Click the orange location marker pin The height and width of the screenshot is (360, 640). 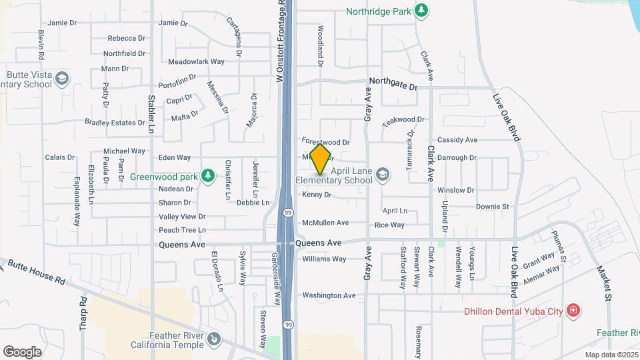pyautogui.click(x=320, y=159)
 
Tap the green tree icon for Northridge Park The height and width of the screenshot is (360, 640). pyautogui.click(x=421, y=10)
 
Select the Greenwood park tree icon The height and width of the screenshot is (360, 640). pyautogui.click(x=208, y=175)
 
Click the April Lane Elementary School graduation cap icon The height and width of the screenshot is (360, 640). pyautogui.click(x=383, y=175)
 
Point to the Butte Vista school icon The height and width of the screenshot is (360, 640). pyautogui.click(x=62, y=79)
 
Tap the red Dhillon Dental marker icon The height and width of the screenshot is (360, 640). pyautogui.click(x=572, y=311)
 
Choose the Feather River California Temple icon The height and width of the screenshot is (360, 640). pyautogui.click(x=213, y=339)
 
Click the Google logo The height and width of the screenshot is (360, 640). pyautogui.click(x=22, y=351)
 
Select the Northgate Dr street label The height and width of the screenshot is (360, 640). pyautogui.click(x=393, y=87)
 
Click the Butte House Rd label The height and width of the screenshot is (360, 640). pyautogui.click(x=36, y=271)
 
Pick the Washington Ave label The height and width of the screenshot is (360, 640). pyautogui.click(x=329, y=295)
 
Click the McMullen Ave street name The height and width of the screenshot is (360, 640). pyautogui.click(x=325, y=223)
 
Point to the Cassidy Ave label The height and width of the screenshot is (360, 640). pyautogui.click(x=457, y=140)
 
